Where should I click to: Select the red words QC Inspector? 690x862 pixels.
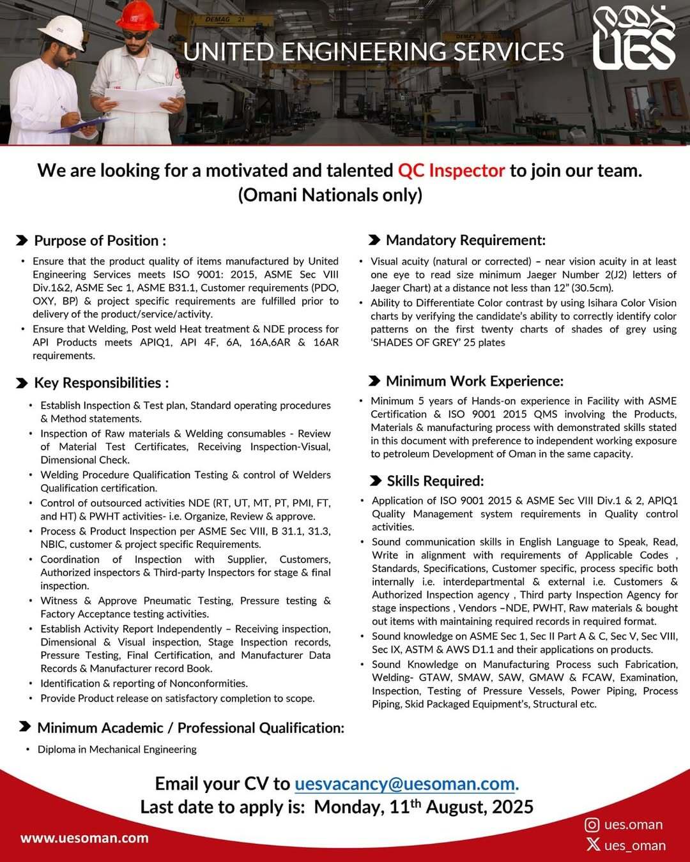click(x=451, y=170)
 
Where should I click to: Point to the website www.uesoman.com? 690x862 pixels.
click(x=84, y=838)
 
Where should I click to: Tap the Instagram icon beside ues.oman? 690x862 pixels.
click(x=592, y=824)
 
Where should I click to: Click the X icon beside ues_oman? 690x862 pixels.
click(x=593, y=845)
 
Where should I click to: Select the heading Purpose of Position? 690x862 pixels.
click(x=100, y=241)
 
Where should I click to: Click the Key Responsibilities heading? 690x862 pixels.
click(x=101, y=382)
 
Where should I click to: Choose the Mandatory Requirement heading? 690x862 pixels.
click(x=465, y=240)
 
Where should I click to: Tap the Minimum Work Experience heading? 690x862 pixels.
click(x=474, y=381)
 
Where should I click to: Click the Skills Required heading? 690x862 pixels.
click(x=435, y=481)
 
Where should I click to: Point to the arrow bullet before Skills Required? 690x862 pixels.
click(x=376, y=481)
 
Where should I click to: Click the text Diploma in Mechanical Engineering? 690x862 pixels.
click(x=117, y=749)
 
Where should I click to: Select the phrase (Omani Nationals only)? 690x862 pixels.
click(x=330, y=195)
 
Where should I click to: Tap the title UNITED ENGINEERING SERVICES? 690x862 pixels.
click(x=374, y=52)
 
